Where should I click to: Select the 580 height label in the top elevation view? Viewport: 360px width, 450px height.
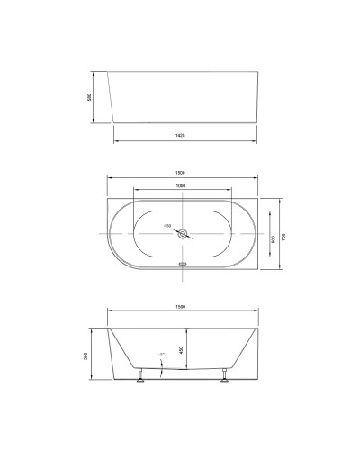pos(90,97)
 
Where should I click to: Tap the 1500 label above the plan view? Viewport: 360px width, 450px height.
pos(180,172)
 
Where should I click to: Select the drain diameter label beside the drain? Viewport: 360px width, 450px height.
pos(167,226)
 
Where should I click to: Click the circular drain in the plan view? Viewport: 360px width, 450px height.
pos(184,234)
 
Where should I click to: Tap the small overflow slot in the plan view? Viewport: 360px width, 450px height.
pos(184,264)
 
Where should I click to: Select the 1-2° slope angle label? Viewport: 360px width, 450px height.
pos(158,357)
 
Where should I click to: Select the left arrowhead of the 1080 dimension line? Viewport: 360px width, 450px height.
pos(135,191)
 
